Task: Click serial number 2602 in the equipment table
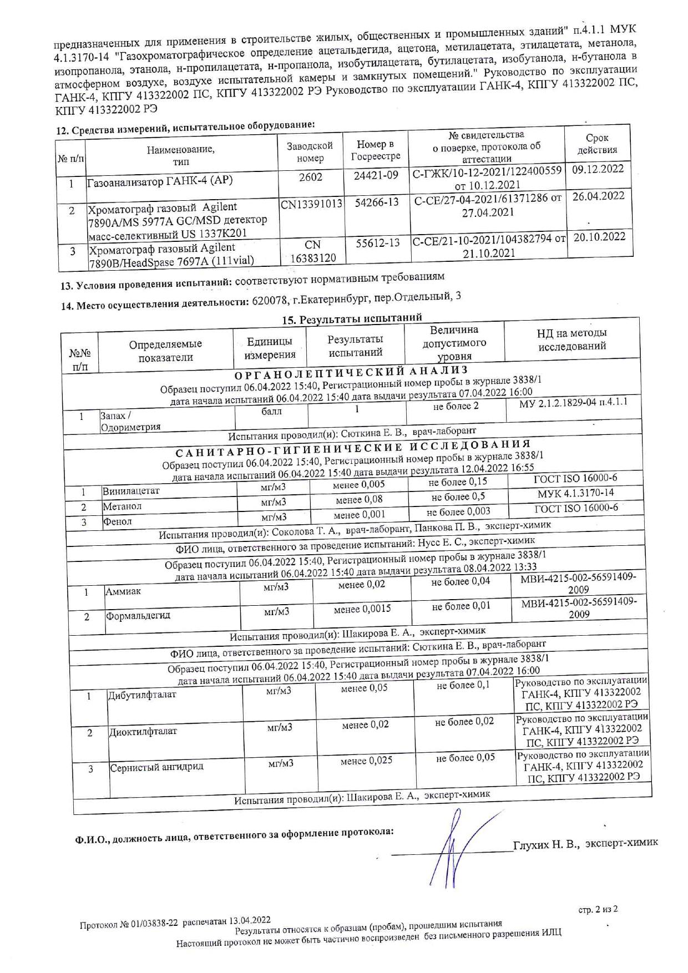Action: pyautogui.click(x=310, y=176)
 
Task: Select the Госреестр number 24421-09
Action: pyautogui.click(x=376, y=175)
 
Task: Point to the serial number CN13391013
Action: pyautogui.click(x=311, y=204)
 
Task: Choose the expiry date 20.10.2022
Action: pyautogui.click(x=599, y=237)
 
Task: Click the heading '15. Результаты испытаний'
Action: pyautogui.click(x=352, y=319)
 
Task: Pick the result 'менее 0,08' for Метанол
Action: pyautogui.click(x=359, y=499)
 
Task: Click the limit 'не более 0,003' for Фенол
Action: pyautogui.click(x=458, y=511)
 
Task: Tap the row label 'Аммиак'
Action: pyautogui.click(x=123, y=591)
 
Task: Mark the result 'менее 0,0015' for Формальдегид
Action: pyautogui.click(x=362, y=609)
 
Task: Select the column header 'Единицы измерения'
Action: pyautogui.click(x=270, y=348)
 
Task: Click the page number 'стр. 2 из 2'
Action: pyautogui.click(x=598, y=909)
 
